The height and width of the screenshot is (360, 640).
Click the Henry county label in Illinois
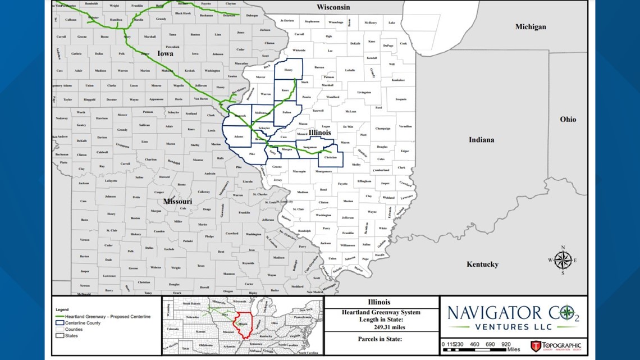coord(288,70)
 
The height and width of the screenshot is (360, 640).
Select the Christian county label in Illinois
coord(331,158)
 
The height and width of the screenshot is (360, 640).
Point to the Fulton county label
coord(286,113)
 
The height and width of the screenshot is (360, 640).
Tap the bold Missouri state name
coord(177,201)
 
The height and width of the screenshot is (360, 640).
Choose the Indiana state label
coord(481,139)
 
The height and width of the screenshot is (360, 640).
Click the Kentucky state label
coord(482,264)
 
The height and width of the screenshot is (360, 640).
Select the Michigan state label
coord(531,26)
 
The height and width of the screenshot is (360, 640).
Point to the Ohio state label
coord(568,119)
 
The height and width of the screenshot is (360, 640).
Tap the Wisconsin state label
coord(333,7)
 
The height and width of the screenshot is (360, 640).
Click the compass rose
coord(563,260)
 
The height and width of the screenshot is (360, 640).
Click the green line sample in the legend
coord(60,317)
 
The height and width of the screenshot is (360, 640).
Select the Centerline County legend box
coord(60,323)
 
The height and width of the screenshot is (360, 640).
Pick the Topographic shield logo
coord(536,346)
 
